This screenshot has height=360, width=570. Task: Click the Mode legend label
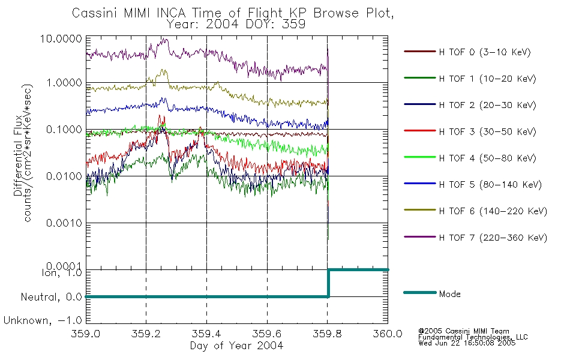pos(449,294)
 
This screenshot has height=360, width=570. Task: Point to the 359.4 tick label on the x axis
pos(206,334)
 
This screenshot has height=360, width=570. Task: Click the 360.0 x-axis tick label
pos(388,334)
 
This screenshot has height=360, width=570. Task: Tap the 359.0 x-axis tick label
pos(86,334)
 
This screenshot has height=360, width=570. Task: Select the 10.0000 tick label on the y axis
pos(61,38)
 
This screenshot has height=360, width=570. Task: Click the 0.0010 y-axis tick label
pos(64,223)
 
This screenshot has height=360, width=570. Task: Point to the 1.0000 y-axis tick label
pos(64,83)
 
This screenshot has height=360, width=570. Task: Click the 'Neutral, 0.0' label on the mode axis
pos(52,297)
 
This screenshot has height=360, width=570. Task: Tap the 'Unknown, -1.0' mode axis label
pos(43,320)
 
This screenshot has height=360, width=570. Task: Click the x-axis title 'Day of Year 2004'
pos(236,346)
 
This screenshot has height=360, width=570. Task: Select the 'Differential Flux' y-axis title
pos(18,156)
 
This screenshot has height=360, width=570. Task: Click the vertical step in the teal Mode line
pos(328,283)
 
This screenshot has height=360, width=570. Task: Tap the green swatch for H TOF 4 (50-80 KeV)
pos(419,157)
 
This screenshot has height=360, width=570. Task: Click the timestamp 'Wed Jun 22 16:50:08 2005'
pos(467,343)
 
